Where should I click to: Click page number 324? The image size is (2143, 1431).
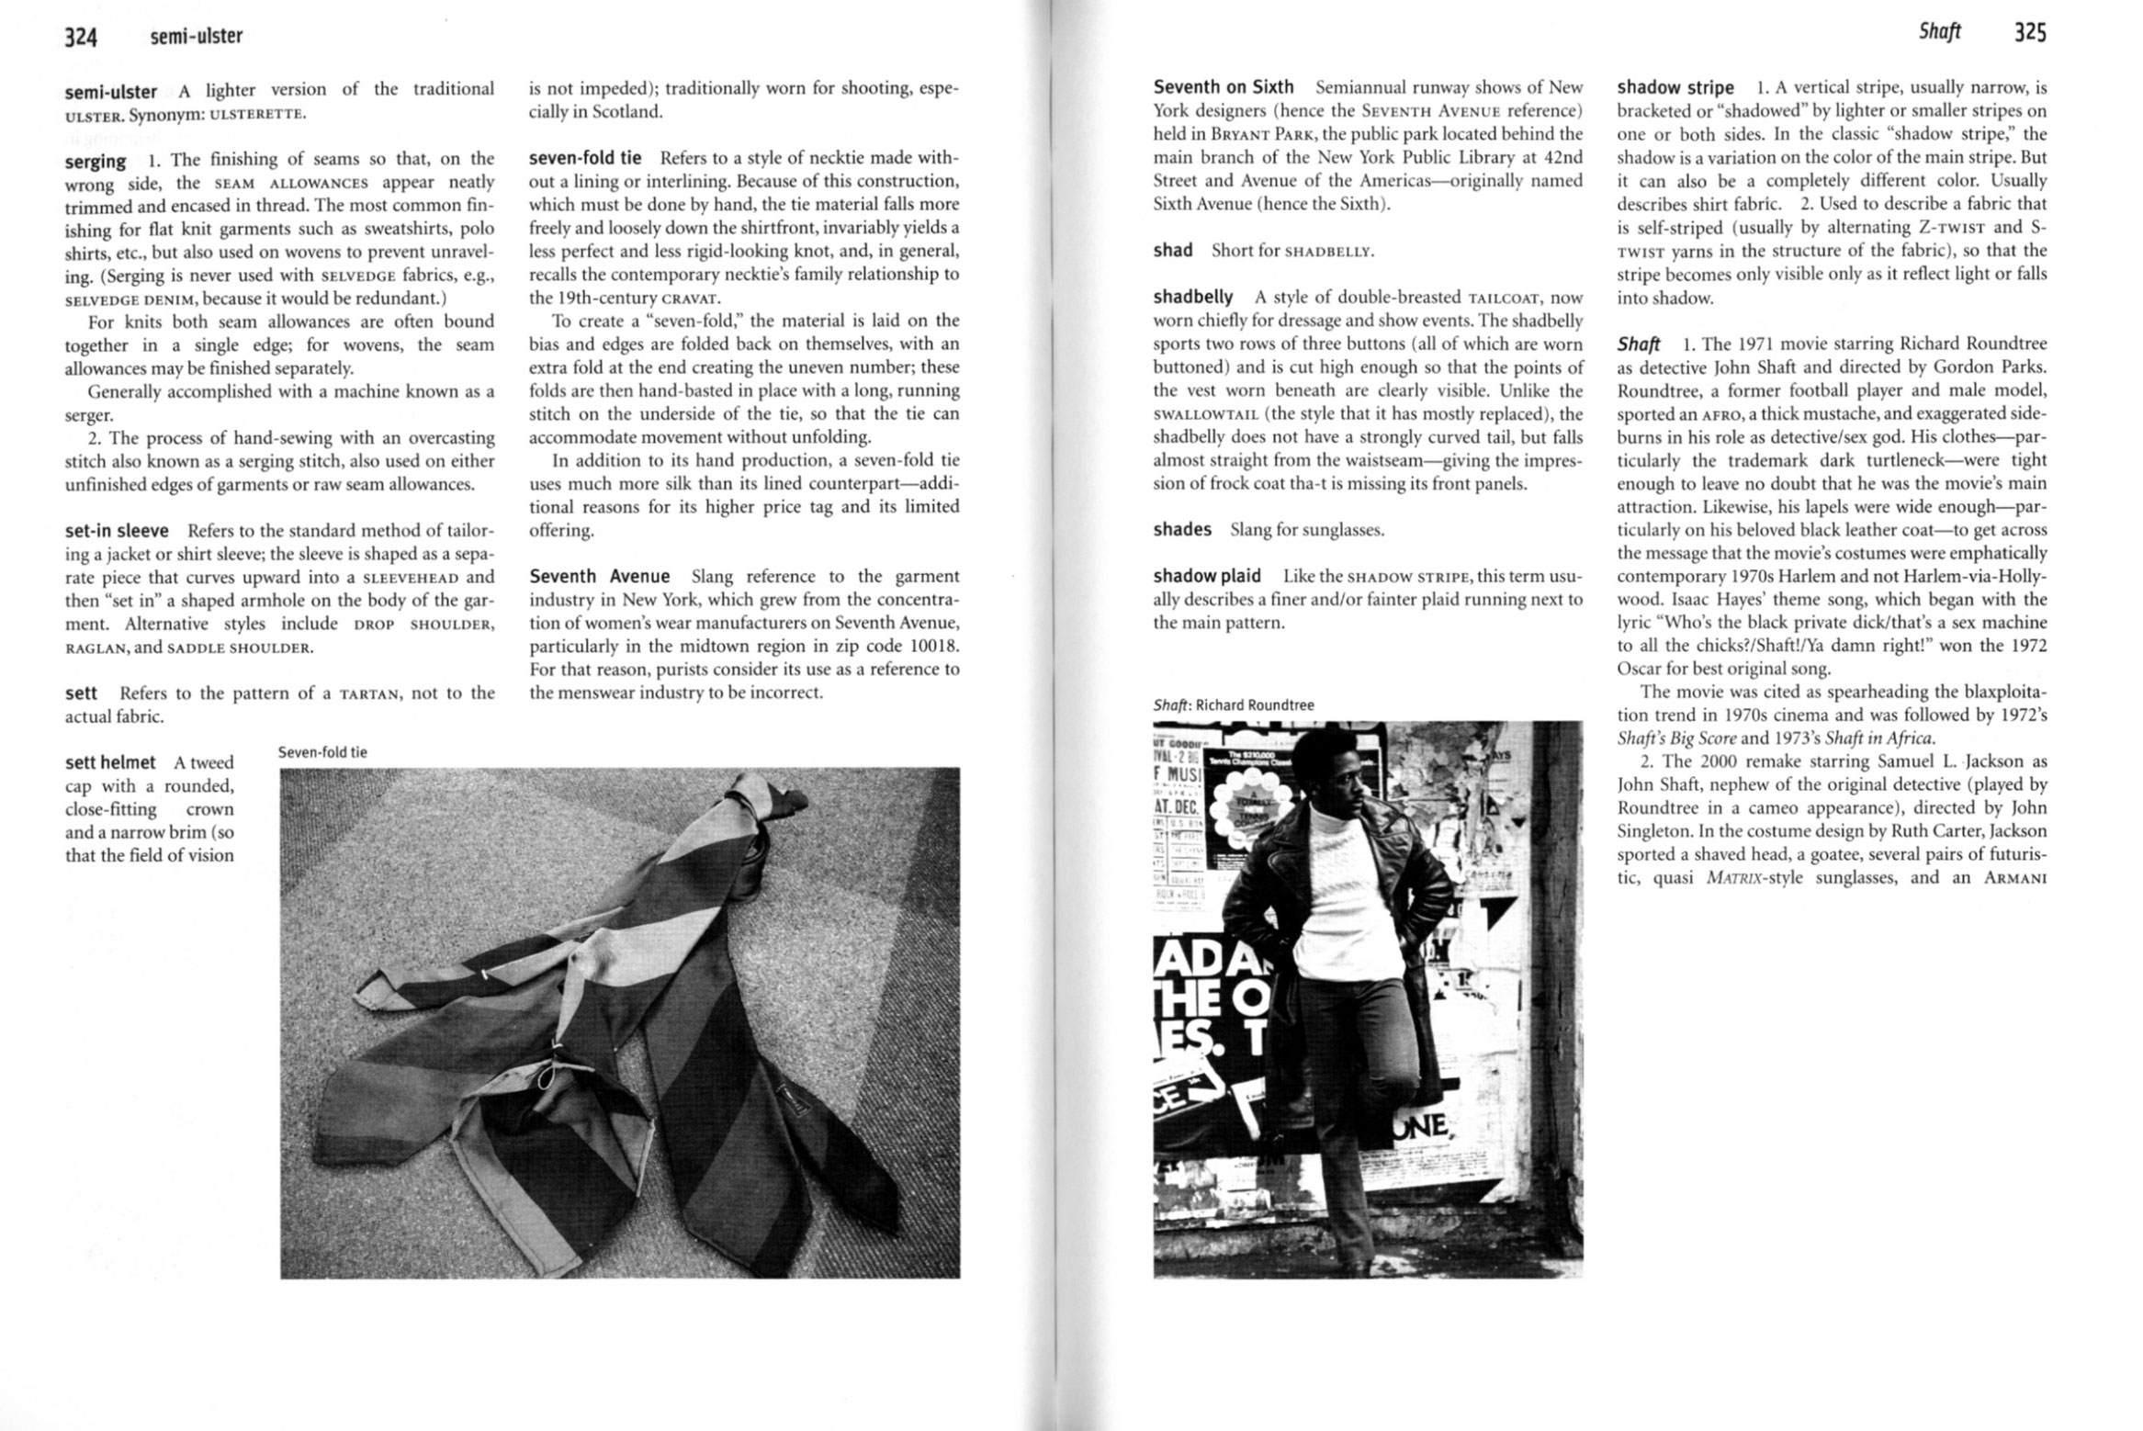coord(81,37)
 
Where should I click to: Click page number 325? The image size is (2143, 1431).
coord(2030,33)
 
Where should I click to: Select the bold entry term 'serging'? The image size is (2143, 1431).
coord(96,162)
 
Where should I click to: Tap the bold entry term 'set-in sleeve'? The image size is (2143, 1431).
coord(117,531)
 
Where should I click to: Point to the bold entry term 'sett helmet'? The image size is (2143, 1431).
coord(110,762)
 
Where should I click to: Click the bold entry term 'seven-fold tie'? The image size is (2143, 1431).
coord(585,158)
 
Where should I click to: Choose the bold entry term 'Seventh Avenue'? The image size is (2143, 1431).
coord(599,577)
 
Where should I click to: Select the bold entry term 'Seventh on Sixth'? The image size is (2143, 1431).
coord(1223,87)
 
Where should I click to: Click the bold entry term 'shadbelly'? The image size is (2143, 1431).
coord(1192,297)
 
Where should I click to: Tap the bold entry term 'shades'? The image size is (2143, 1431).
coord(1182,530)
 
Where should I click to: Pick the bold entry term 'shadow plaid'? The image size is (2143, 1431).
coord(1206,576)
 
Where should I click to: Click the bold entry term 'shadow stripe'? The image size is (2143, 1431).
coord(1675,88)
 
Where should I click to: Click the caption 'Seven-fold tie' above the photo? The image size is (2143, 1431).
coord(322,752)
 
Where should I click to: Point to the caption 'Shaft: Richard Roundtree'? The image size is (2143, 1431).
coord(1233,705)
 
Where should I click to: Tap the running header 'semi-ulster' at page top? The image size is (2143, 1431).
coord(197,37)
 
